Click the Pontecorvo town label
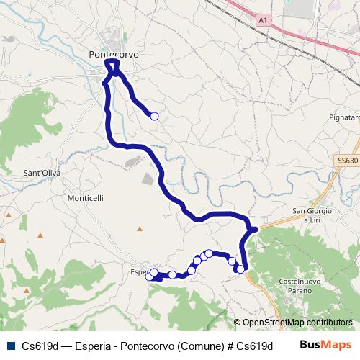pos(113,54)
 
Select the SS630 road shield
pos(346,161)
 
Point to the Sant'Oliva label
pos(42,174)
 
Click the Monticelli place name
pos(86,198)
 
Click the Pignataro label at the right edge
pos(343,117)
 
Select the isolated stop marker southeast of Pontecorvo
pos(153,115)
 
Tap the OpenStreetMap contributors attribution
pos(293,323)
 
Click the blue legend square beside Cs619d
pos(9,346)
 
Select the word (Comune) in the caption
pos(198,346)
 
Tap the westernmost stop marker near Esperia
pos(149,277)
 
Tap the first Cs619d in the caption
pos(38,346)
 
